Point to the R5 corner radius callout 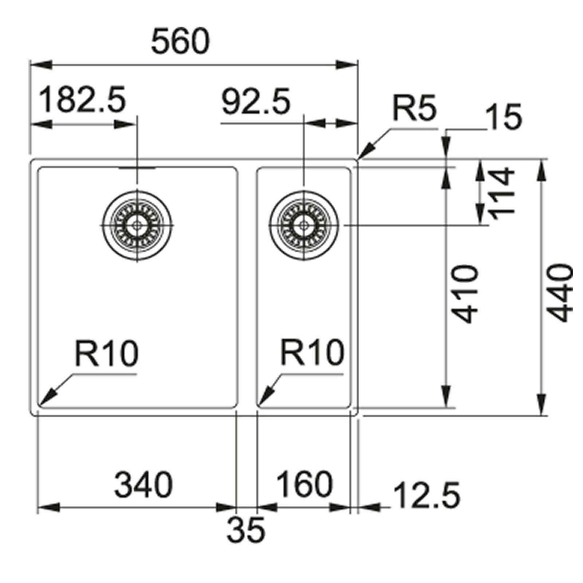[414, 109]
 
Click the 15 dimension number [505, 117]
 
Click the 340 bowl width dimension [143, 484]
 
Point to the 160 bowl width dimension [304, 484]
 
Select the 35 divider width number [245, 530]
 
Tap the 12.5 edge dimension [427, 494]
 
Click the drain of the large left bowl [137, 225]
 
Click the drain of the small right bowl [304, 225]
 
